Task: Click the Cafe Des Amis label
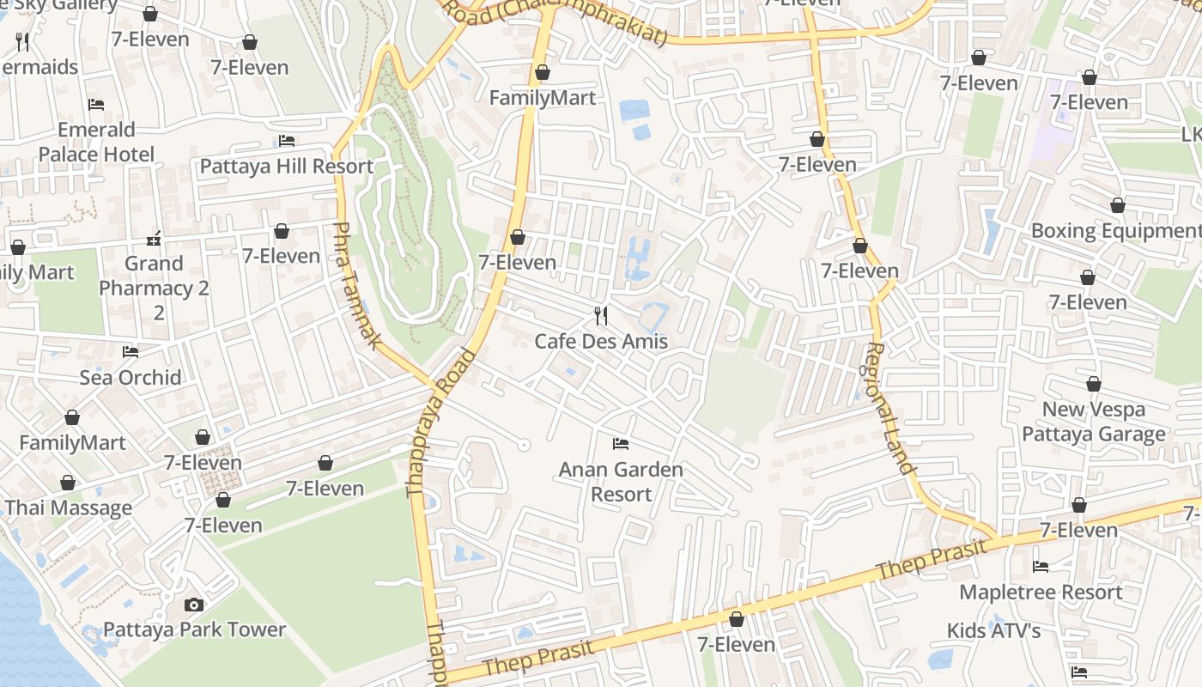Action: pyautogui.click(x=601, y=342)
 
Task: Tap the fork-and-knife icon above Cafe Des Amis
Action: pyautogui.click(x=601, y=316)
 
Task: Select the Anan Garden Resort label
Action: pyautogui.click(x=621, y=482)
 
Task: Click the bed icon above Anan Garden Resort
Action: pyautogui.click(x=621, y=444)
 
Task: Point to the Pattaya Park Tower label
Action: pyautogui.click(x=194, y=629)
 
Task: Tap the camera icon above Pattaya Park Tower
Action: pyautogui.click(x=194, y=605)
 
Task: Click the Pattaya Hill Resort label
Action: pyautogui.click(x=287, y=167)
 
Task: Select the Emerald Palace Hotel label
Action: pyautogui.click(x=96, y=142)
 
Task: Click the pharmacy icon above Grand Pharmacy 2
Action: pyautogui.click(x=155, y=238)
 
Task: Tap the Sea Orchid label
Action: pyautogui.click(x=131, y=378)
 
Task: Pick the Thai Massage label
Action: pyautogui.click(x=69, y=508)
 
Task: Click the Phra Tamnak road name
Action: pyautogui.click(x=356, y=285)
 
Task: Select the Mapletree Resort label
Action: pyautogui.click(x=1041, y=593)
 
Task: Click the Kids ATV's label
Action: pyautogui.click(x=993, y=631)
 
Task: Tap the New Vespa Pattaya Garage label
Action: pyautogui.click(x=1093, y=422)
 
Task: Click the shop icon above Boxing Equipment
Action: pyautogui.click(x=1117, y=206)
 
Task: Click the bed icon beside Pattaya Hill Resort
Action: pyautogui.click(x=287, y=141)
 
